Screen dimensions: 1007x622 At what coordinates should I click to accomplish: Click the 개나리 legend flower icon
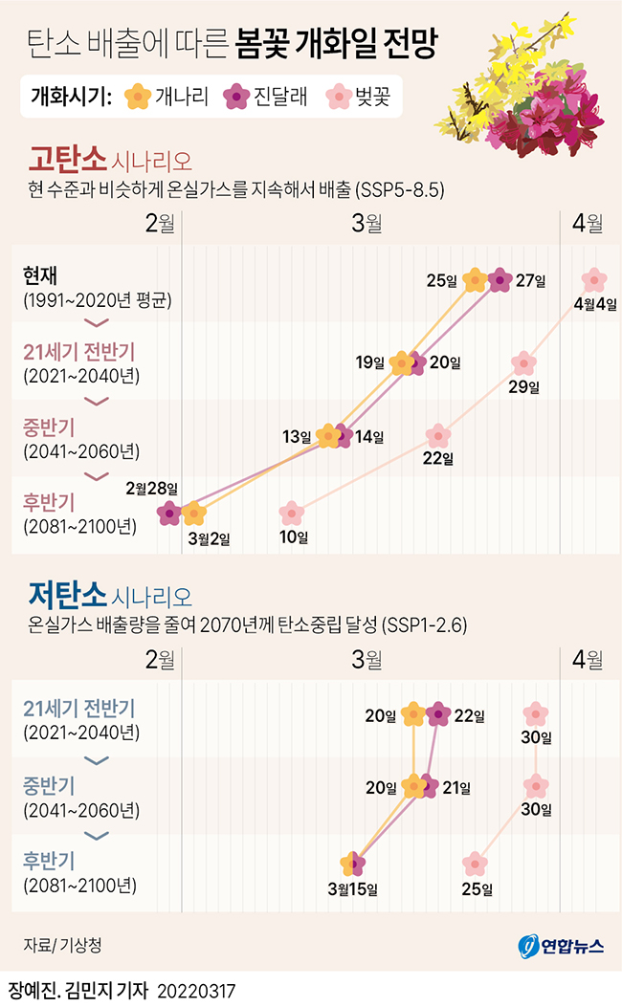(x=139, y=96)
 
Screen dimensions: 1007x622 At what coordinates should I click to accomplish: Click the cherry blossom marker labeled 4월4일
(x=594, y=280)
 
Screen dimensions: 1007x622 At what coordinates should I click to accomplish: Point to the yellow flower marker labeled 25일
(x=474, y=280)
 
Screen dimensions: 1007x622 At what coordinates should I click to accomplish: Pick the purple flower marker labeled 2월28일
(x=169, y=514)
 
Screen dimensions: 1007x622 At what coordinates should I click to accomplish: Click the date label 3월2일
(x=210, y=538)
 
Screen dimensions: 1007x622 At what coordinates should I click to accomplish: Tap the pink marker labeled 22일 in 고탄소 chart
(x=437, y=435)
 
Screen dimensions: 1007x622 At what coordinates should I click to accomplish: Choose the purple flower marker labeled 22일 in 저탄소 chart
(x=438, y=713)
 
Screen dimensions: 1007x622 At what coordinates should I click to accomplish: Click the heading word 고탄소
(x=67, y=158)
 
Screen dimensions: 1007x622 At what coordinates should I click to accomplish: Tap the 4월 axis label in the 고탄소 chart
(x=587, y=224)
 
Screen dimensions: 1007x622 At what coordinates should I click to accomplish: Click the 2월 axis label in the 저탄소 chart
(x=160, y=659)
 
